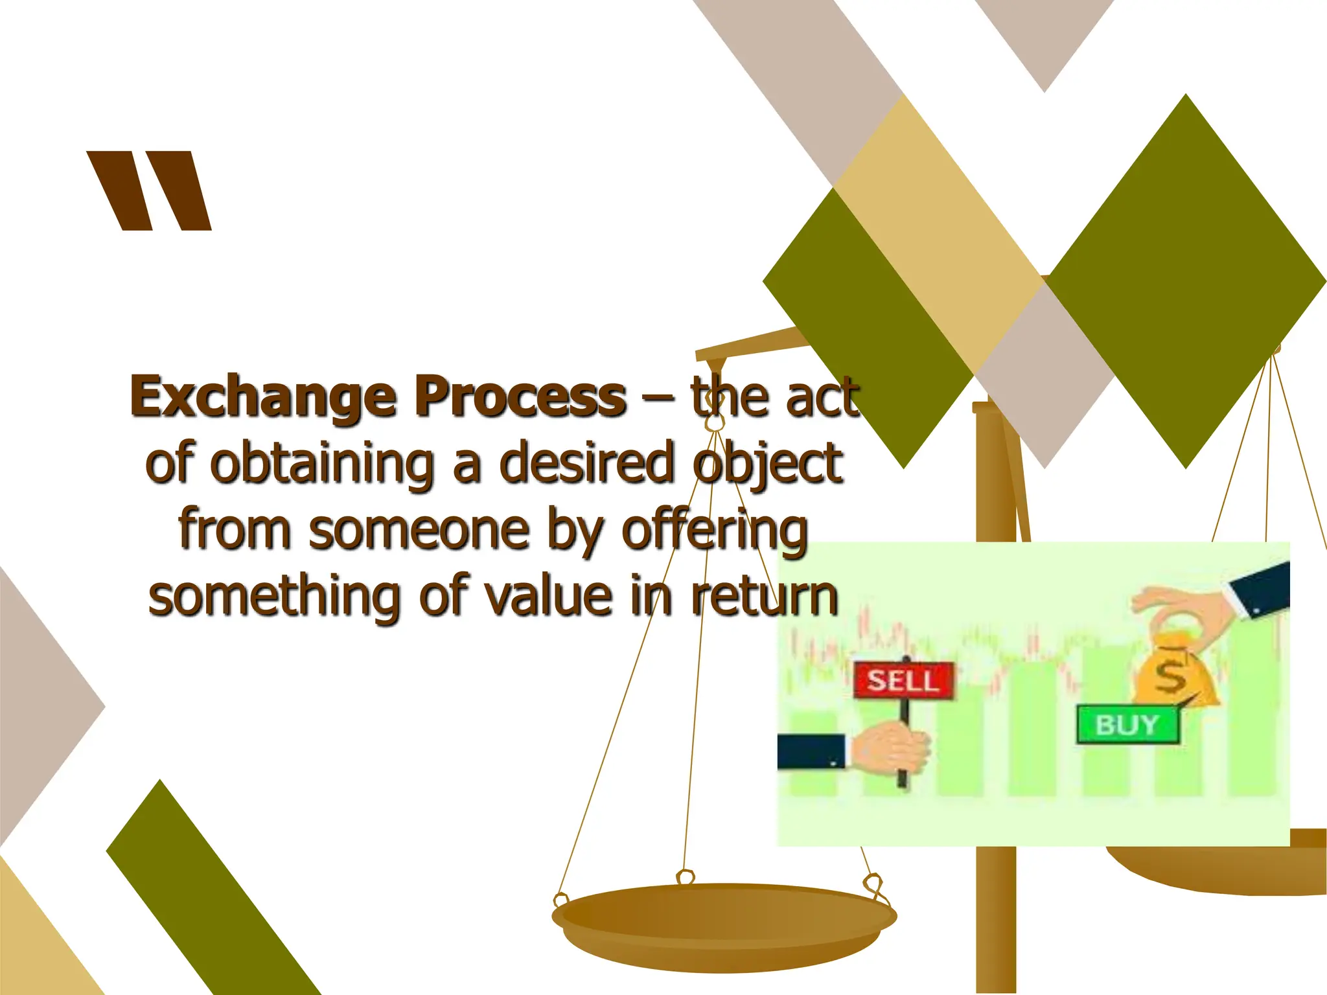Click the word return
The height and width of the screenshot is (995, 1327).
[x=765, y=596]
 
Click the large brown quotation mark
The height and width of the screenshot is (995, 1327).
[x=150, y=190]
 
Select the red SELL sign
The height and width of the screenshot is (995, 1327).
[x=903, y=680]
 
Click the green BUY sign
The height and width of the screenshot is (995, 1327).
[x=1127, y=724]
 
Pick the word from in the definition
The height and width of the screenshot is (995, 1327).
[x=234, y=530]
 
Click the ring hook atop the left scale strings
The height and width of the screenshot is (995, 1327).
[x=714, y=422]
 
